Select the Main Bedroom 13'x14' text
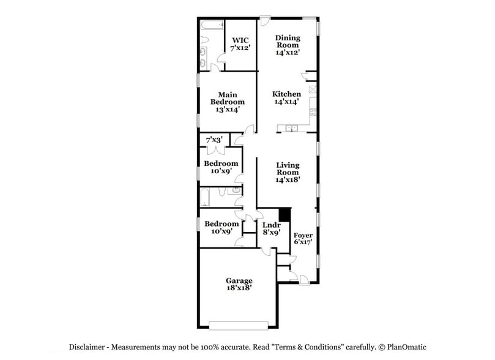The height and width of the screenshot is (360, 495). point(227,102)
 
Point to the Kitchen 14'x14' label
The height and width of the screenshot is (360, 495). point(286,98)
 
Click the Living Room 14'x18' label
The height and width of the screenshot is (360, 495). point(287,173)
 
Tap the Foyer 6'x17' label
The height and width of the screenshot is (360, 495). point(303,239)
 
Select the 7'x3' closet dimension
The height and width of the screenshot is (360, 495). point(214,140)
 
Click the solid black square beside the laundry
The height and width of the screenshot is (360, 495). point(284,215)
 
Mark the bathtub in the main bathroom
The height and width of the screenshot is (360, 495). point(212,26)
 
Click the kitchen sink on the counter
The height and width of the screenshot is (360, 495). point(291,128)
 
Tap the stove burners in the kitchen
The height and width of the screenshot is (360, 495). point(312,112)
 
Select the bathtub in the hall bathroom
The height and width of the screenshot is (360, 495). point(206,197)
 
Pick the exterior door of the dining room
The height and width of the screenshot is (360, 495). point(265,21)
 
